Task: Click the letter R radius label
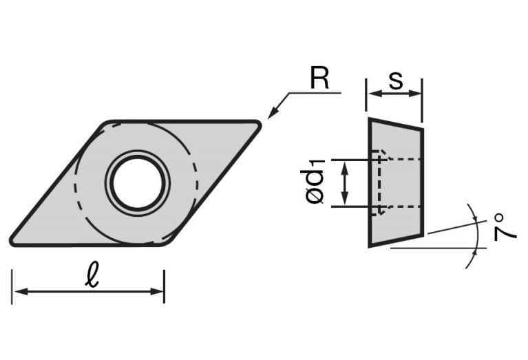point(319,78)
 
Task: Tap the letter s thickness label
point(395,81)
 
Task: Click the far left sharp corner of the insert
point(12,242)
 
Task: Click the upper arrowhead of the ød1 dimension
point(346,165)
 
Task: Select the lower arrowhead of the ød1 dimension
point(346,200)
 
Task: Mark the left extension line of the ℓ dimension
point(12,286)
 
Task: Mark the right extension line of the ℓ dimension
point(164,286)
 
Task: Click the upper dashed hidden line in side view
point(403,160)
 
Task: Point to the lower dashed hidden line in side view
point(403,207)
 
